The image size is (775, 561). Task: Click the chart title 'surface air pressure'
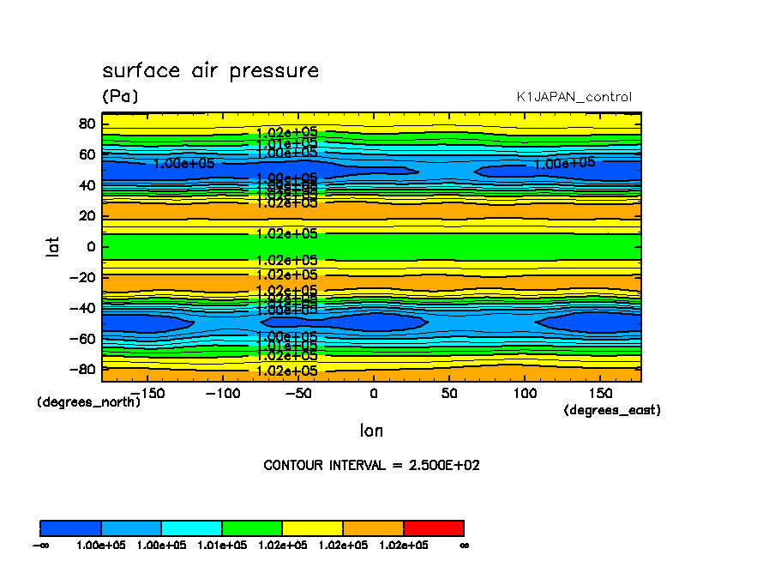[210, 71]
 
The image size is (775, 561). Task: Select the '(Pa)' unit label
[120, 97]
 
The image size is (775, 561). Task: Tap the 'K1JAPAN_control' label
[574, 97]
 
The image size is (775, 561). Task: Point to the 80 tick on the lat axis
[86, 124]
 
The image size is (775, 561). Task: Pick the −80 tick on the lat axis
[82, 370]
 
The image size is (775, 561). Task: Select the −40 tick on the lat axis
[82, 308]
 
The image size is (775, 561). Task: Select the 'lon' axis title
[371, 431]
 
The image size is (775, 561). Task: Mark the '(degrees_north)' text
[88, 401]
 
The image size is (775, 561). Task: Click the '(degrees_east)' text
[612, 411]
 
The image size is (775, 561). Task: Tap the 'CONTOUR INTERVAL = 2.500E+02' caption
[371, 466]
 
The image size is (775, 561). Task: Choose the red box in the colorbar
[434, 528]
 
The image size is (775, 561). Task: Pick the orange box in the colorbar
[373, 528]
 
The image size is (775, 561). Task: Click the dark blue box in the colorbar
[71, 528]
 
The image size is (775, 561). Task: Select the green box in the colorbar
[252, 528]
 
